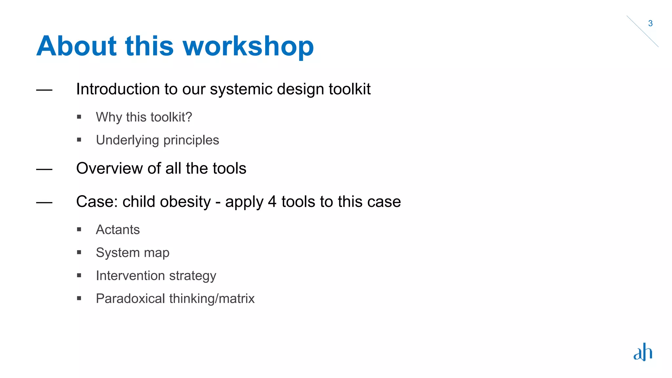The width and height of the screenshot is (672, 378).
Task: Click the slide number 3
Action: tap(650, 24)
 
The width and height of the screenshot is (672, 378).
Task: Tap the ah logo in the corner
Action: tap(642, 352)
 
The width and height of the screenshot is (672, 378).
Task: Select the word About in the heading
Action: tap(76, 46)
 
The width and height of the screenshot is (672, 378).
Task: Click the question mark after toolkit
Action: tap(189, 117)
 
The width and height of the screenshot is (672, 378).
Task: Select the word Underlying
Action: tap(127, 140)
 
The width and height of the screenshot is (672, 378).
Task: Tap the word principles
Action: tap(191, 140)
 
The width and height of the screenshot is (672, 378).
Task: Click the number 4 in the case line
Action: tap(272, 201)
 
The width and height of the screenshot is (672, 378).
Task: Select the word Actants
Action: tap(118, 230)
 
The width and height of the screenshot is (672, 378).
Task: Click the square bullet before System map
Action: tap(79, 252)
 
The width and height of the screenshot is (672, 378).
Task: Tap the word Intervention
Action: tap(130, 276)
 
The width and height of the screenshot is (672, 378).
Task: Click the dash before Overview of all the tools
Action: tap(44, 169)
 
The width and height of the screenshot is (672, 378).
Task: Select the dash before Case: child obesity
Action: tap(44, 203)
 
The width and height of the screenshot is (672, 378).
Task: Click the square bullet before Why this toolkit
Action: tap(79, 117)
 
